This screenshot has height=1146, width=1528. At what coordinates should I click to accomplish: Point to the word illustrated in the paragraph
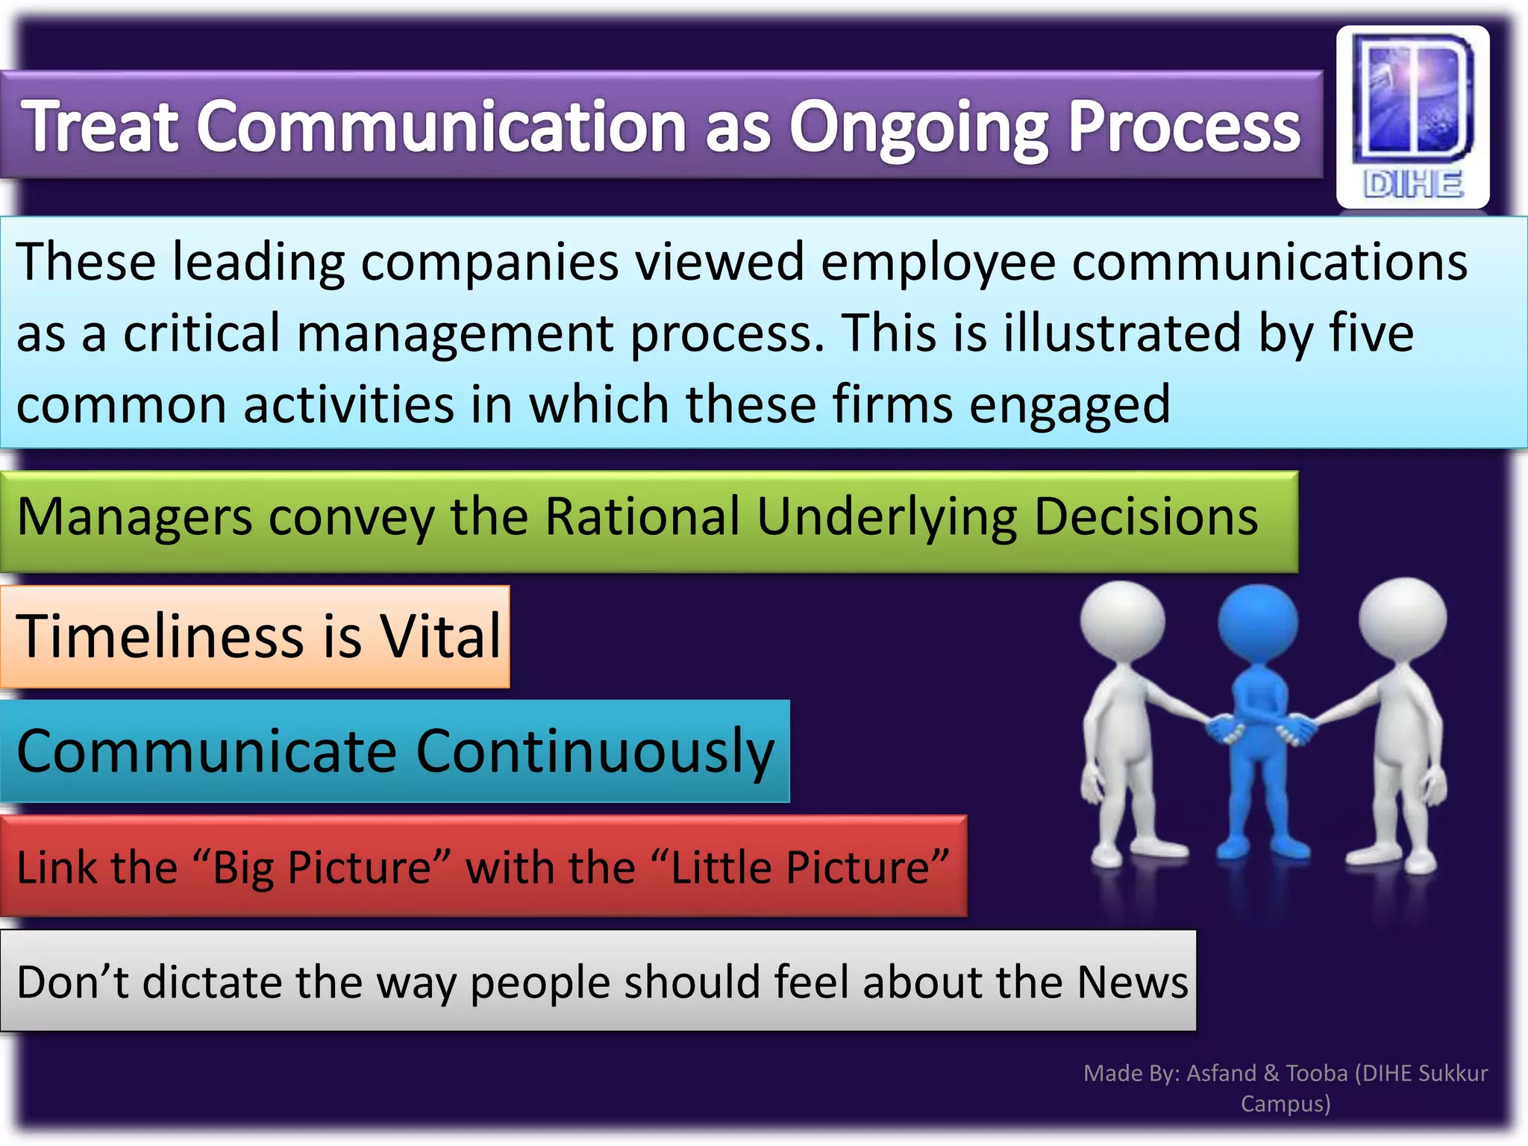pos(1123,333)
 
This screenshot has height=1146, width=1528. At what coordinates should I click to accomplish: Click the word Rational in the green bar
pos(642,516)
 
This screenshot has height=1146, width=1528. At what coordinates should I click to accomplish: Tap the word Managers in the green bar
pos(134,518)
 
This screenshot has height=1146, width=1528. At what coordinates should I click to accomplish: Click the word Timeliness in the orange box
pos(160,636)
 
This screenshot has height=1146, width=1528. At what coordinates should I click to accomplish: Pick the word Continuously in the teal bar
pos(595,752)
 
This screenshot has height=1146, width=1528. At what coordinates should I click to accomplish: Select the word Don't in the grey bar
pos(73,982)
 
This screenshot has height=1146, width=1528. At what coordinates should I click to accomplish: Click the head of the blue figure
pos(1258,621)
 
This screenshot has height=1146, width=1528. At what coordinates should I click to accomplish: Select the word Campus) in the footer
pos(1286,1103)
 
